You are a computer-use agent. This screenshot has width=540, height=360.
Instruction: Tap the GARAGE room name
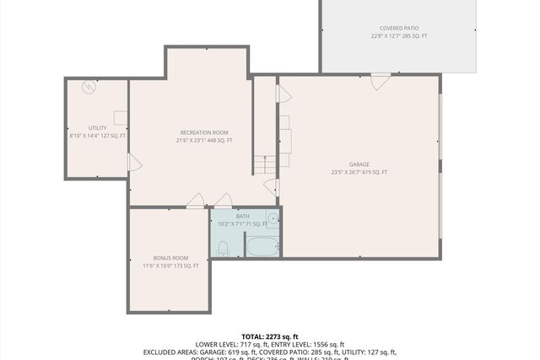click(359, 164)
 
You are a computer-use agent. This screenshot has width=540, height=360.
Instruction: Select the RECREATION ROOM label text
click(204, 132)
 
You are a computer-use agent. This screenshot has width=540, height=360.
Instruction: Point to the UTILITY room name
click(97, 127)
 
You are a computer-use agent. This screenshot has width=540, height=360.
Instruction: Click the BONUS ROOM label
click(170, 257)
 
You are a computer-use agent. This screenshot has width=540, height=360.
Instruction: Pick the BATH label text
click(243, 217)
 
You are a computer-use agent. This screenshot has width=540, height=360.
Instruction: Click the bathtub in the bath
click(262, 247)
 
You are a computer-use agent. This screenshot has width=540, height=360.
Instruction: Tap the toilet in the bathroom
click(223, 248)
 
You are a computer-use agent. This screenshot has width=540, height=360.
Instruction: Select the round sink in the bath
click(273, 218)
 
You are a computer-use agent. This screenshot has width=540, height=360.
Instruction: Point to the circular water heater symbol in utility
click(89, 87)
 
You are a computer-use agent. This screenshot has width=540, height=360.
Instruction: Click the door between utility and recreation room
click(130, 162)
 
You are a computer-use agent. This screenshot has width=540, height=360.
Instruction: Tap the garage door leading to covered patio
click(381, 81)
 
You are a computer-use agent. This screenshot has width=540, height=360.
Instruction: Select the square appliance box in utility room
click(121, 117)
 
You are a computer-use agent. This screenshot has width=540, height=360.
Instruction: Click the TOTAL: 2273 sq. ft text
click(270, 336)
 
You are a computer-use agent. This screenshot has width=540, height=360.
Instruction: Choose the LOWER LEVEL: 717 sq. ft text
click(230, 344)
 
